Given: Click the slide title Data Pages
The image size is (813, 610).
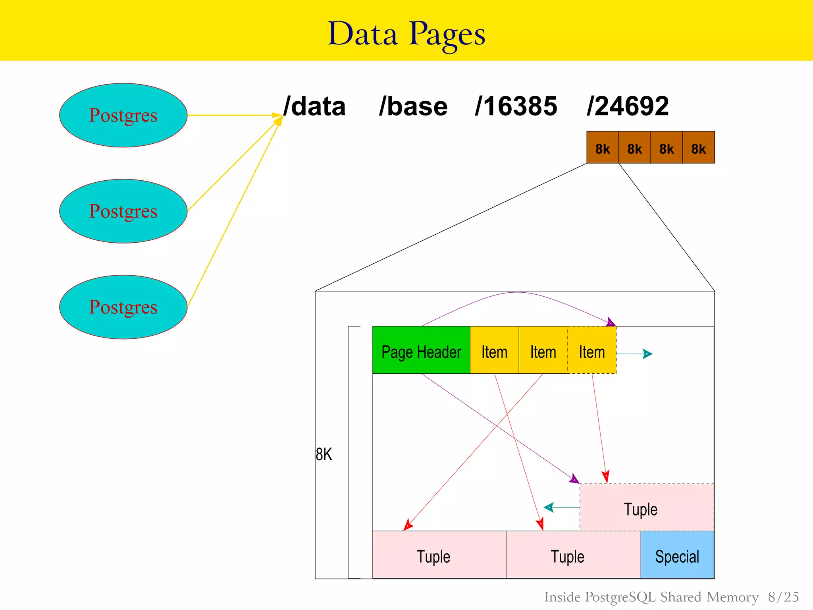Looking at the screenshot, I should coord(406,34).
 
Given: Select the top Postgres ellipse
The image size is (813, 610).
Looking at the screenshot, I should coord(123,115).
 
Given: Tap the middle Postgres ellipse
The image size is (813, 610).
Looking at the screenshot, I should coord(123,211).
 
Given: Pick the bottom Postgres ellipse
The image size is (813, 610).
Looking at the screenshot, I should coord(123,307).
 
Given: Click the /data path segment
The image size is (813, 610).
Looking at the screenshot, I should coord(314,106).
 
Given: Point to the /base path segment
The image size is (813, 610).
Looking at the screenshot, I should coord(413,106).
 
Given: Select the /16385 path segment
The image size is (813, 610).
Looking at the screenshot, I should coord(516,106).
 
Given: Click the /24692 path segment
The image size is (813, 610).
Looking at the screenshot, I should coord(628,106).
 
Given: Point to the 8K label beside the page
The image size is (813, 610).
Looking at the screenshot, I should coord(324,454).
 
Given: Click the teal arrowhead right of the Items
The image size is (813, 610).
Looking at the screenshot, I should coord(647,354).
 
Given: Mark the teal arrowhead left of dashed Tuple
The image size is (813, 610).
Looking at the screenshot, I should coord(549,507).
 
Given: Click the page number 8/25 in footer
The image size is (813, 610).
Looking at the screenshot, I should coord(783,597).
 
